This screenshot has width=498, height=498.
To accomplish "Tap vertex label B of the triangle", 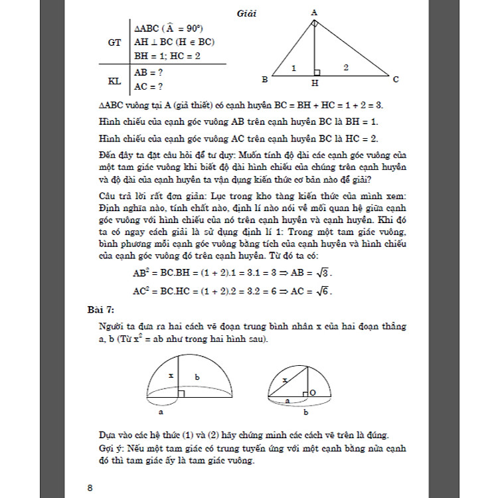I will pos(265,80).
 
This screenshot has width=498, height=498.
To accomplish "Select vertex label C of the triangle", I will pos(396,80).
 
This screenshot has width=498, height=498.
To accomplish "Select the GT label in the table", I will pos(114,41).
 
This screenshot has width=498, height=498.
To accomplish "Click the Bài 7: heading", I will pos(102,309).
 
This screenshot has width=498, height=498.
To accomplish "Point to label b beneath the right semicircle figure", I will pos(305,412).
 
